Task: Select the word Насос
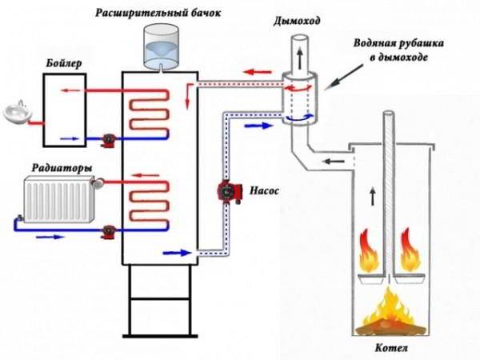[265, 193]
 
